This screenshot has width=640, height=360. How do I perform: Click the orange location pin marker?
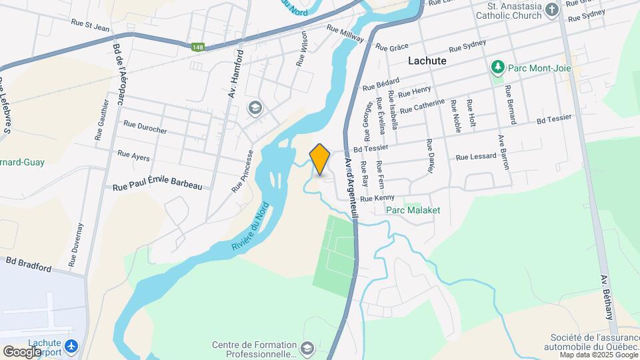(320, 159)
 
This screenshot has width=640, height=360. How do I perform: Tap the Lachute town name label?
(427, 61)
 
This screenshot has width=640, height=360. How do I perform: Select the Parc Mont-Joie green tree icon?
(497, 67)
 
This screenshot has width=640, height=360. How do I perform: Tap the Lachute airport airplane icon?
(72, 347)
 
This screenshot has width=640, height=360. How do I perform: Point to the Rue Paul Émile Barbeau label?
(157, 187)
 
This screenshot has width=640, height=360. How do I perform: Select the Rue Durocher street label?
(145, 126)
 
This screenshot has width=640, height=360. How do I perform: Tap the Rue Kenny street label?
(377, 198)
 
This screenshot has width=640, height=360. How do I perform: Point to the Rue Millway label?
(345, 34)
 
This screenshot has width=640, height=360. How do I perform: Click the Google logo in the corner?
(22, 351)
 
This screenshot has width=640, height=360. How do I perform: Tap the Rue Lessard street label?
(476, 157)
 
